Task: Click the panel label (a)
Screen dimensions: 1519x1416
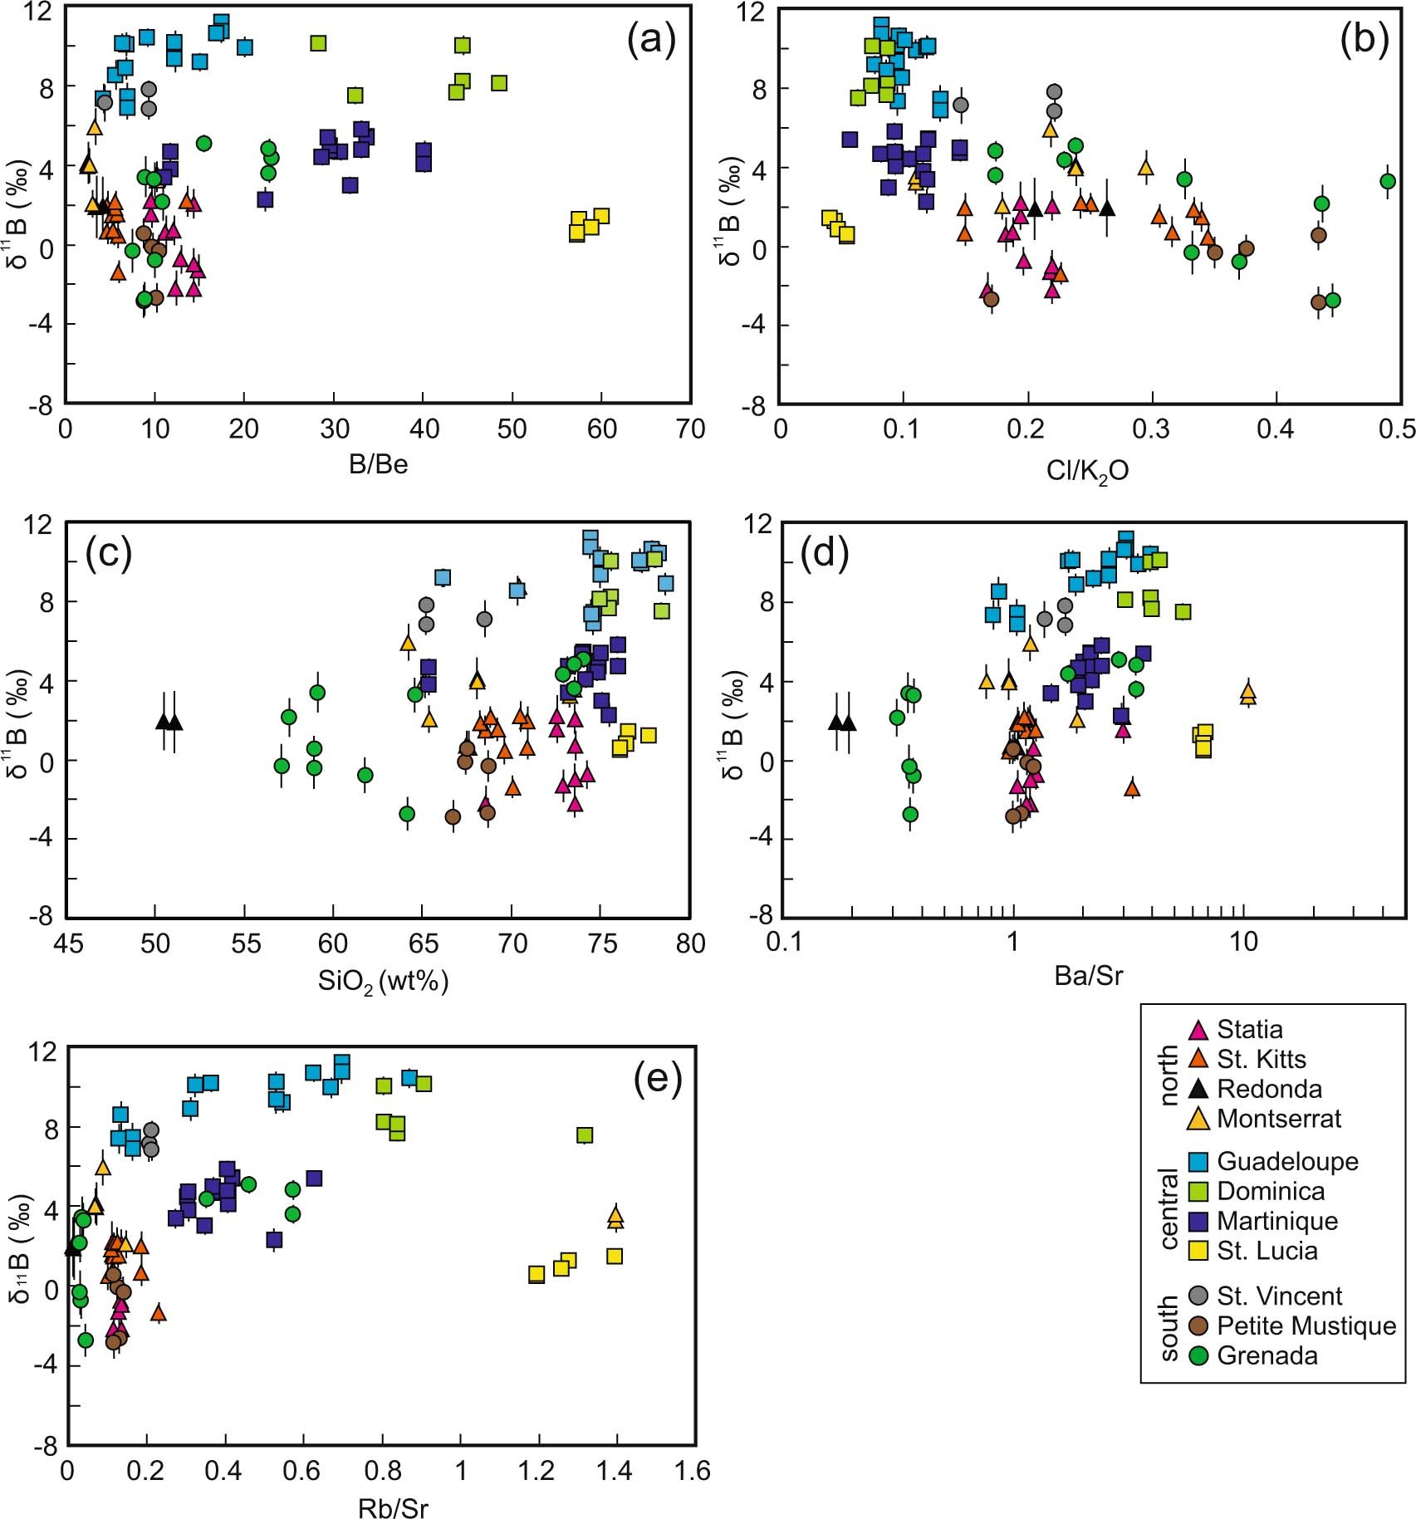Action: point(652,39)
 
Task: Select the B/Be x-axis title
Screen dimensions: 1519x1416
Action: point(378,463)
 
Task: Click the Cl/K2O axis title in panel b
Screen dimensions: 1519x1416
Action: point(1087,472)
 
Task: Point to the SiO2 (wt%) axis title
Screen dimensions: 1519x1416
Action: point(383,982)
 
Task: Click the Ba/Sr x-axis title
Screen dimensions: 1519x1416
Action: point(1088,975)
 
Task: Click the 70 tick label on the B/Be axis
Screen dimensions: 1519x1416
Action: point(689,429)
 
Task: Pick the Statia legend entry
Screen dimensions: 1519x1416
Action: point(1249,1030)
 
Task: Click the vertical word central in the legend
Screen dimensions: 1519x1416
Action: point(1169,1208)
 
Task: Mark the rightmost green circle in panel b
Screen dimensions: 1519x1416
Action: point(1387,181)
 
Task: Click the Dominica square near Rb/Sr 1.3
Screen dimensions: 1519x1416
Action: point(585,1135)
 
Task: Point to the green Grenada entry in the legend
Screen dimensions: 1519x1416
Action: point(1267,1355)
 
